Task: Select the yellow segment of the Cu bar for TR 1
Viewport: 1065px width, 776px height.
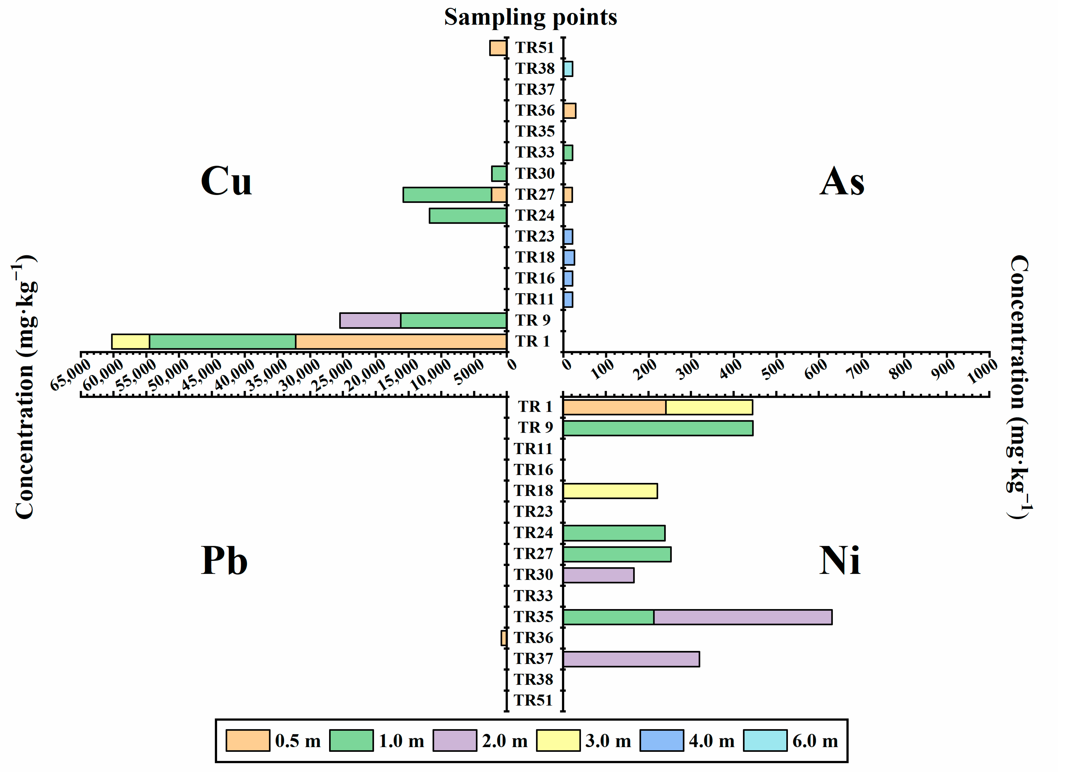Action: coord(130,341)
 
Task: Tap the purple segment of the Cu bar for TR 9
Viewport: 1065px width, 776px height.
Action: coord(370,320)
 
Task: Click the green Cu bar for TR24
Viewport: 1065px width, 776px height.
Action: coord(468,216)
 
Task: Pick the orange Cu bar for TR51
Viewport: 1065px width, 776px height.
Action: coord(498,48)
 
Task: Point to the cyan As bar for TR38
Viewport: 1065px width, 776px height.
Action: coord(568,69)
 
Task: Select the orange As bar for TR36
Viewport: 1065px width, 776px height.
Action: coord(569,111)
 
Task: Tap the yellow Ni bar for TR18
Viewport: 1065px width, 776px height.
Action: coord(610,491)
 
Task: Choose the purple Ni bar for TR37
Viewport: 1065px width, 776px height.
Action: coord(631,659)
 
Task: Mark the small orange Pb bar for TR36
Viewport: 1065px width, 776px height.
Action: coord(504,638)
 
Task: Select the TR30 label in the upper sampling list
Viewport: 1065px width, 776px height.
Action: coord(535,173)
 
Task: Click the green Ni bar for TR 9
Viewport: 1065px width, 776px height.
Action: coord(657,428)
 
